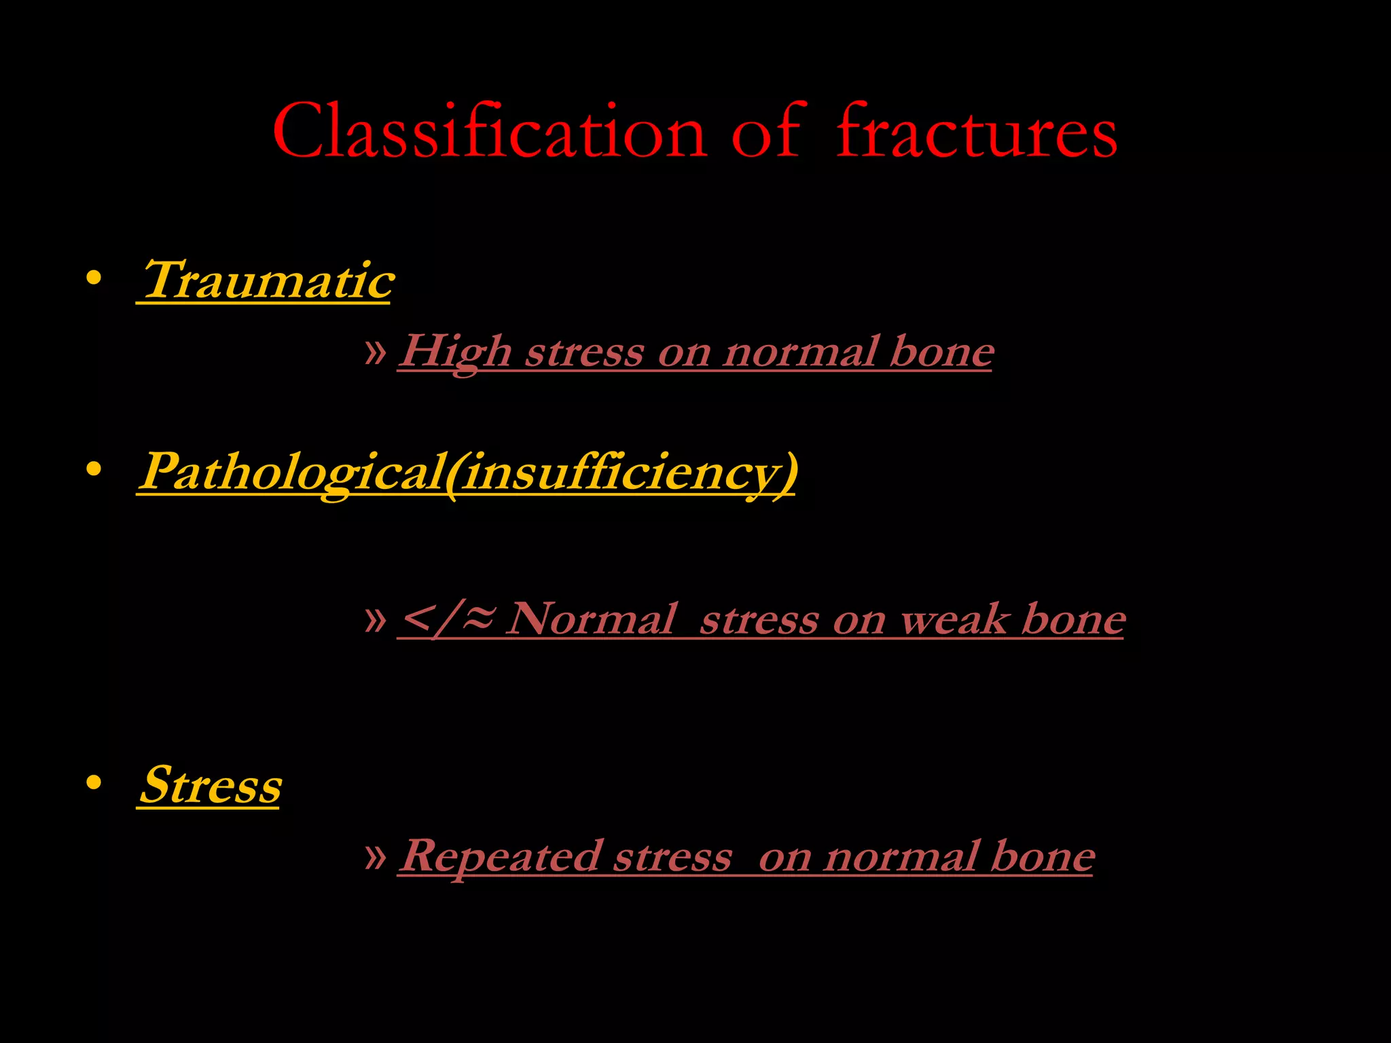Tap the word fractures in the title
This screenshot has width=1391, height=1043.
point(976,131)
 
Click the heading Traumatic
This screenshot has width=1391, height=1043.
point(266,280)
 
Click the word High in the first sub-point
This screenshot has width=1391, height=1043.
point(455,352)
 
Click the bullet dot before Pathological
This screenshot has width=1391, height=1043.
point(94,469)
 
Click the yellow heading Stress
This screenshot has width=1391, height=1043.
point(210,785)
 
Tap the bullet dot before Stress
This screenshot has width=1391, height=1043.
point(94,783)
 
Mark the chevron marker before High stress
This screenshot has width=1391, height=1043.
point(375,352)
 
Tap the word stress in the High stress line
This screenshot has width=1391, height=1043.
point(584,352)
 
